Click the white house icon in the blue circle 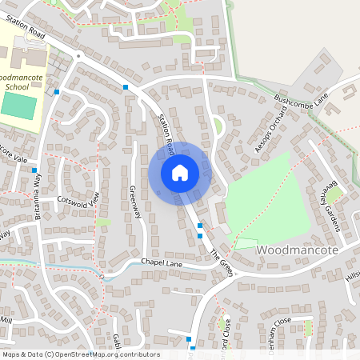click(179, 172)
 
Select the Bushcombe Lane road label click(301, 101)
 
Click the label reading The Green click(221, 263)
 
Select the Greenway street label click(135, 200)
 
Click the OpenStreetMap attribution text click(80, 354)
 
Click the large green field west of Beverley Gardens click(268, 198)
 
